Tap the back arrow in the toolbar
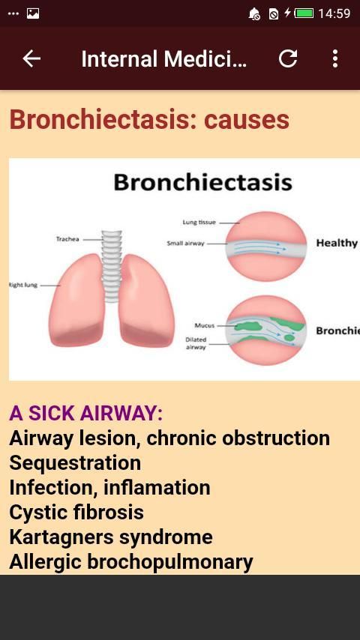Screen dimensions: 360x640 31,58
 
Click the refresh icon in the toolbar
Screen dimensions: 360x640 288,58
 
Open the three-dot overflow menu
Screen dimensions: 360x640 335,58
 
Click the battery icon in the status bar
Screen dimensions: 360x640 304,13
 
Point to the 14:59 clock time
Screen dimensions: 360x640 334,13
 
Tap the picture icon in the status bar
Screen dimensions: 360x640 33,13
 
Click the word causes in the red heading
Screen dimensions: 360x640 247,120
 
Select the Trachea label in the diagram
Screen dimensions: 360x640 67,239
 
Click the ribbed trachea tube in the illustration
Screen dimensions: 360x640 112,266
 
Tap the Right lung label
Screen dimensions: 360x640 23,285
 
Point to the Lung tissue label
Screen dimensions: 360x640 199,223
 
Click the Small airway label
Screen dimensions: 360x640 185,244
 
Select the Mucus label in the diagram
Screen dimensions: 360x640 204,325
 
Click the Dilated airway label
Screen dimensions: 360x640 196,343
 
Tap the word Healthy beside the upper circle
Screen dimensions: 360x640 337,244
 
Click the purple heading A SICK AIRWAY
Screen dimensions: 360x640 85,414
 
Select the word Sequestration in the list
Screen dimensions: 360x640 75,463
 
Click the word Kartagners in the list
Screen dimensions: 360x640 61,537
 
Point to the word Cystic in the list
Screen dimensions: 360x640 36,513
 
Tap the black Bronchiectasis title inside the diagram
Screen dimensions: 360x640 202,182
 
